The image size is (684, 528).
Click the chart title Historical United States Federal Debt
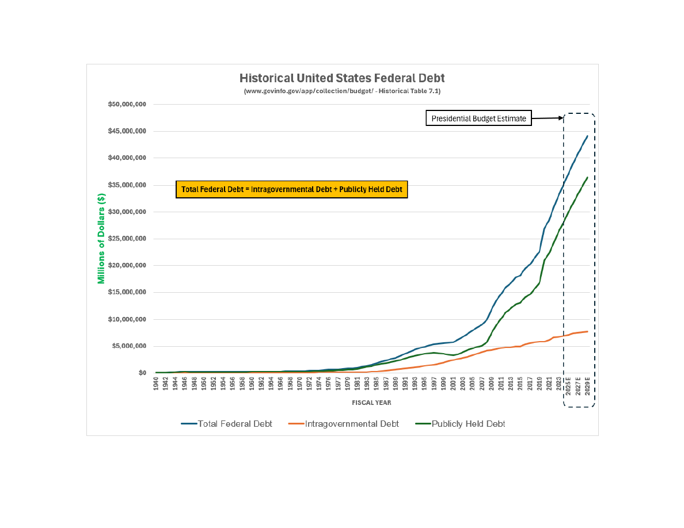tap(342, 78)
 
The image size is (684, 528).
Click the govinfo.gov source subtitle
tap(342, 91)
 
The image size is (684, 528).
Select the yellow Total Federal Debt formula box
tap(291, 189)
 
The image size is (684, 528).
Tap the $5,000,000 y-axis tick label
tap(128, 346)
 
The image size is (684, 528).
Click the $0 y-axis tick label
tap(142, 373)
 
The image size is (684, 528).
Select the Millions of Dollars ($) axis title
tap(101, 239)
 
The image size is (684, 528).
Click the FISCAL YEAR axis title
tap(371, 403)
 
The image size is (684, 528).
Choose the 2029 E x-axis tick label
tap(587, 387)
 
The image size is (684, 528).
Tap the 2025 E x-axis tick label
tap(568, 387)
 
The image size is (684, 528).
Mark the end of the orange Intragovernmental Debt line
tap(587, 331)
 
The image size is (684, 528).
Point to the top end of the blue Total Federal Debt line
tap(587, 136)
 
